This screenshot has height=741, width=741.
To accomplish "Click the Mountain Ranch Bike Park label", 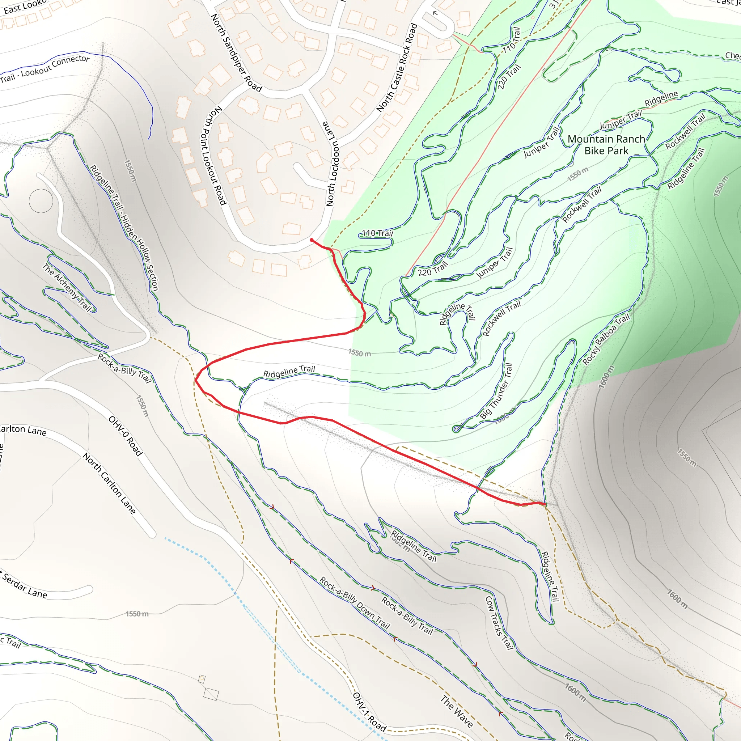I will click(x=606, y=145).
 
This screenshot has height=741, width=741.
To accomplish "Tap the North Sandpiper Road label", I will click(x=236, y=53).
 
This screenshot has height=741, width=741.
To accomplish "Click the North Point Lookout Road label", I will click(x=213, y=155).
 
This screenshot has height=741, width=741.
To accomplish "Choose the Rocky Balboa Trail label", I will click(x=606, y=339).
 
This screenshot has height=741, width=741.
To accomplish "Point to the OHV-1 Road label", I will click(x=369, y=712).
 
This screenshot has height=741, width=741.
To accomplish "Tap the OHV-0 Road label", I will click(x=126, y=436).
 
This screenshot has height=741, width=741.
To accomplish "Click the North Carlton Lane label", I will click(x=109, y=483).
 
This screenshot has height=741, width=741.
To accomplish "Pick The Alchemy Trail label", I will click(x=67, y=287).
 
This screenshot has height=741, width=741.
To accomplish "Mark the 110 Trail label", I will click(x=377, y=233).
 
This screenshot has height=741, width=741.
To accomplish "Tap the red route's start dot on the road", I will click(x=312, y=240).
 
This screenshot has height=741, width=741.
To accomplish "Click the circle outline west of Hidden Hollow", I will click(x=41, y=200).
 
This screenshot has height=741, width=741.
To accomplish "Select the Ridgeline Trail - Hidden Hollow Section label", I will click(x=123, y=228).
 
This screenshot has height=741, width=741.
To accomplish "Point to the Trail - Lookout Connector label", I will click(x=45, y=69).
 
